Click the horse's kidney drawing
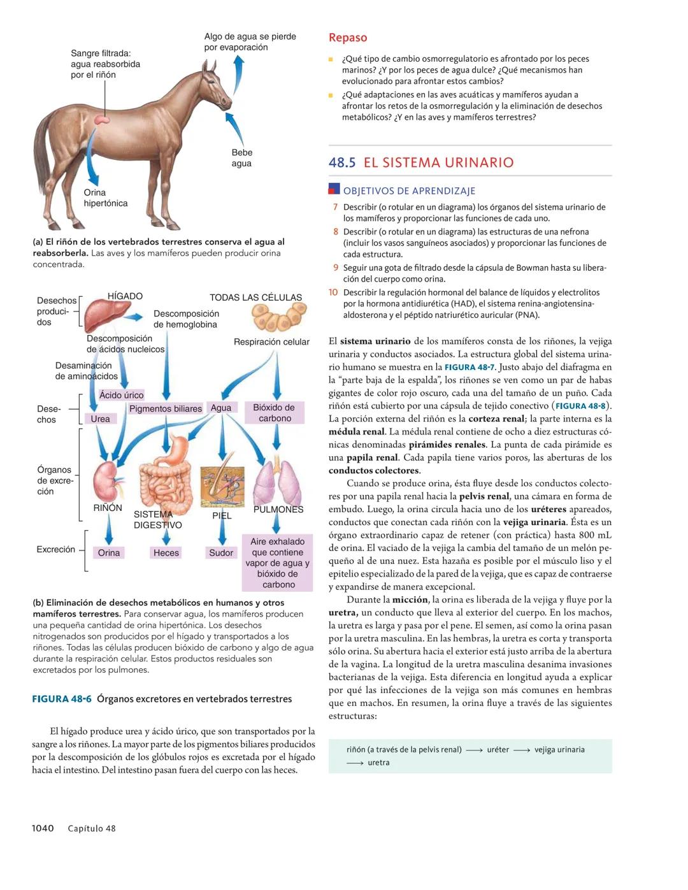click(101, 118)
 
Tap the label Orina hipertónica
click(105, 198)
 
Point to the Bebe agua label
click(241, 158)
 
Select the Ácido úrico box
click(121, 395)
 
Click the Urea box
click(100, 419)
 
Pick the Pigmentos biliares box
click(165, 408)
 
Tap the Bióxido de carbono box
click(275, 413)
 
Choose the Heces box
click(166, 553)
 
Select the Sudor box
click(220, 553)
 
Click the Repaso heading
click(348, 38)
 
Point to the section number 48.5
click(342, 162)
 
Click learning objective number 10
click(333, 292)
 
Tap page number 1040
click(43, 828)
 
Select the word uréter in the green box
click(498, 750)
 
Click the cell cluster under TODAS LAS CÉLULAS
click(278, 317)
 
